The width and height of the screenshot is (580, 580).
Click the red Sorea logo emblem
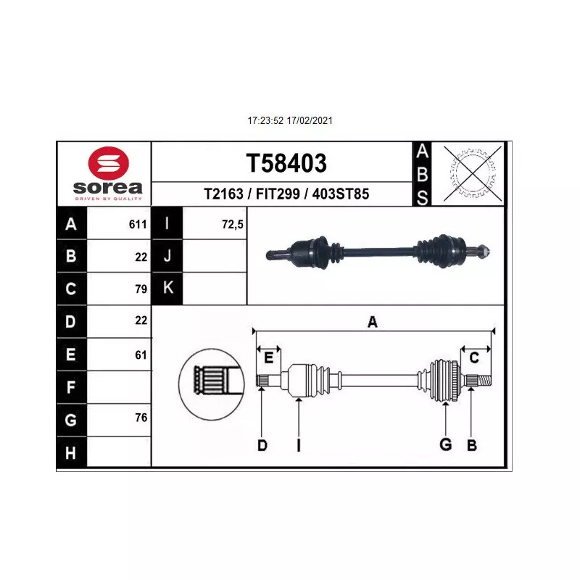(x=108, y=163)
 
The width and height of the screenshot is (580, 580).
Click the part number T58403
(x=286, y=162)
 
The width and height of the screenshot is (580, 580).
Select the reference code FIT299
(x=278, y=194)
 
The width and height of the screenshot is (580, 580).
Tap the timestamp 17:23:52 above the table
(x=265, y=120)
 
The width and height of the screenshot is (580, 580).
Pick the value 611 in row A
(x=138, y=224)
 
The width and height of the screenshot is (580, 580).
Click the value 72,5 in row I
(x=233, y=224)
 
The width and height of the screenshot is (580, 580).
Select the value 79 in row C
(x=141, y=289)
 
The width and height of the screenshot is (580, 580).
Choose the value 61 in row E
(x=141, y=355)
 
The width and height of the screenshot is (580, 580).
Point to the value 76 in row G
(x=141, y=418)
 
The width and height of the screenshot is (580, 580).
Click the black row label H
(x=71, y=452)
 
